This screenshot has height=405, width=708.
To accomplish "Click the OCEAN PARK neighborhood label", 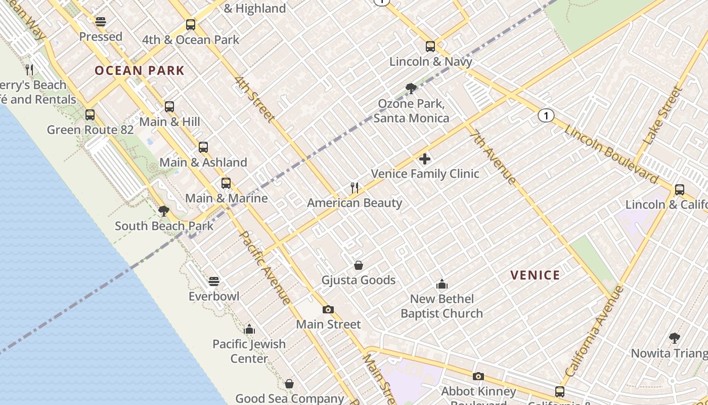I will click(x=140, y=70).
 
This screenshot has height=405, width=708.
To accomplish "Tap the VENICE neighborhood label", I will click(x=535, y=275).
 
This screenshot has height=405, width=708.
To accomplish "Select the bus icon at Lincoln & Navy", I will click(x=430, y=47).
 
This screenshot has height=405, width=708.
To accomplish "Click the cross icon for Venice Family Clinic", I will click(x=425, y=159).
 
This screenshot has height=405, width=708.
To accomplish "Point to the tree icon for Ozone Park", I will click(x=411, y=89).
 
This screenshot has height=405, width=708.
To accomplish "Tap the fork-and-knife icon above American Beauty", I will click(x=355, y=188).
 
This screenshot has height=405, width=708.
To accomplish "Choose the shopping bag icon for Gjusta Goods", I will click(x=359, y=265).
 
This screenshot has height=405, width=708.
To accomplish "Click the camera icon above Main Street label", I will click(x=328, y=309).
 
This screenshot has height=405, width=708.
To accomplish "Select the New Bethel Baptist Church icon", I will click(x=442, y=284).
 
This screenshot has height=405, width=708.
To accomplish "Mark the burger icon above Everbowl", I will click(x=214, y=281).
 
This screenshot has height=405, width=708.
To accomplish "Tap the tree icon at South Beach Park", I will click(x=163, y=211).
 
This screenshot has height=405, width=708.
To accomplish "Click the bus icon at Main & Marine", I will click(x=226, y=183).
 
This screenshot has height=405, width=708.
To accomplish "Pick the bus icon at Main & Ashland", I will click(x=203, y=147).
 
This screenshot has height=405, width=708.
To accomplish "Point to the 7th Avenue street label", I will click(x=493, y=157).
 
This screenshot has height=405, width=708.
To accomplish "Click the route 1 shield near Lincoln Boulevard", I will click(x=546, y=116).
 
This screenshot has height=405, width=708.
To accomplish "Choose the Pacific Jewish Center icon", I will click(x=249, y=330).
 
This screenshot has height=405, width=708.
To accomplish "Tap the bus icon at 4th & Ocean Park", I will click(x=191, y=24).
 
